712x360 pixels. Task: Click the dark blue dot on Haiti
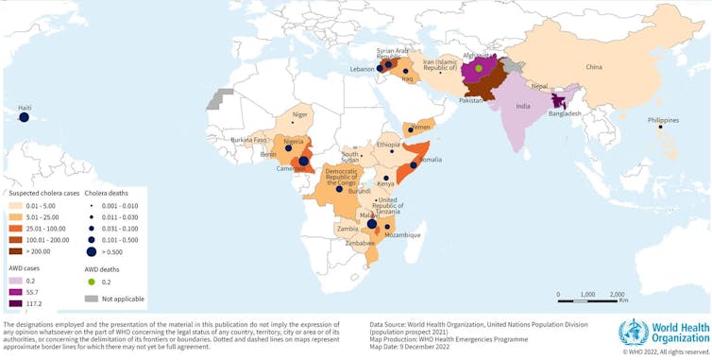pyautogui.click(x=24, y=118)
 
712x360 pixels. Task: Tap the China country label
pyautogui.click(x=593, y=67)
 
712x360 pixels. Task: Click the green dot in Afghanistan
pyautogui.click(x=479, y=68)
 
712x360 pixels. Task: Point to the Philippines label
pyautogui.click(x=663, y=120)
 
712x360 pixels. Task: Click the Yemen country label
pyautogui.click(x=423, y=126)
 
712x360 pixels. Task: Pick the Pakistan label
pyautogui.click(x=472, y=98)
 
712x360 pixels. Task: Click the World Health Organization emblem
pyautogui.click(x=633, y=333)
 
